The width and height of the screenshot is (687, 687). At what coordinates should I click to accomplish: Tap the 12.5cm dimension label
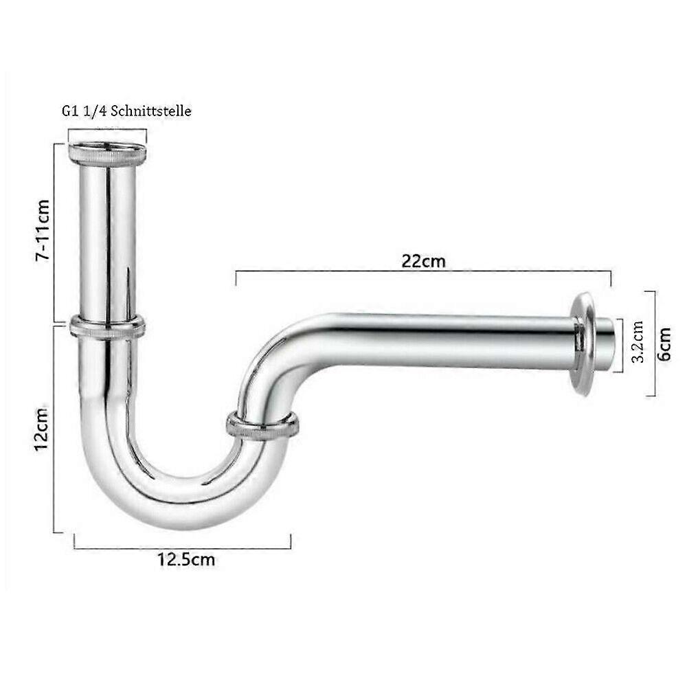[186, 559]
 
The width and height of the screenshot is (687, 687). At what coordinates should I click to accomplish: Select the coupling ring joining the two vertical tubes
[107, 326]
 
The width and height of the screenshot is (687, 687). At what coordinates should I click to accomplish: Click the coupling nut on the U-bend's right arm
[263, 424]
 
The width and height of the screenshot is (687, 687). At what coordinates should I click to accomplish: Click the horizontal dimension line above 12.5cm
[183, 548]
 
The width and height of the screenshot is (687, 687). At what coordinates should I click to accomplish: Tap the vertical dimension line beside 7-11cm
[54, 234]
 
